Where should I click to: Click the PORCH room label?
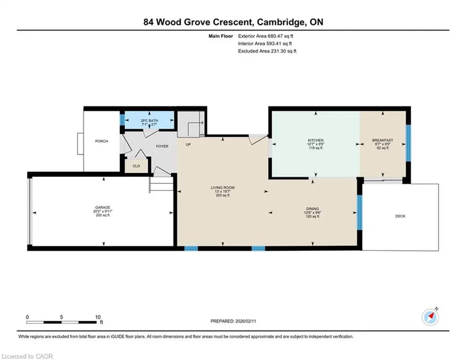point(102,141)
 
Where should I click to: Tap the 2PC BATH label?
point(149,121)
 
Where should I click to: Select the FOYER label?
point(162,146)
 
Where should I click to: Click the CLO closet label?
point(136,166)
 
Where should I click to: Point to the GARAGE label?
point(103,207)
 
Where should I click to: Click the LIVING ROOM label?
point(223,188)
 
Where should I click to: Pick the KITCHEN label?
point(316,140)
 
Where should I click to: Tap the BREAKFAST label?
point(383,140)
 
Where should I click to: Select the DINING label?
point(312,209)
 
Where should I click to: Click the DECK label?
point(400,216)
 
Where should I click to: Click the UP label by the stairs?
point(188,145)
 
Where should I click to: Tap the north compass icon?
point(430,317)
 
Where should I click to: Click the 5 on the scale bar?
point(62,317)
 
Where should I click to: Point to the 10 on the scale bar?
point(98,317)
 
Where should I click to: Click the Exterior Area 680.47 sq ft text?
point(265,36)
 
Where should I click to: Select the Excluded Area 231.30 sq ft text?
point(267,51)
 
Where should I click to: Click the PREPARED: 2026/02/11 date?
point(233,321)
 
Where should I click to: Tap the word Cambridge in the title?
point(281,22)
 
